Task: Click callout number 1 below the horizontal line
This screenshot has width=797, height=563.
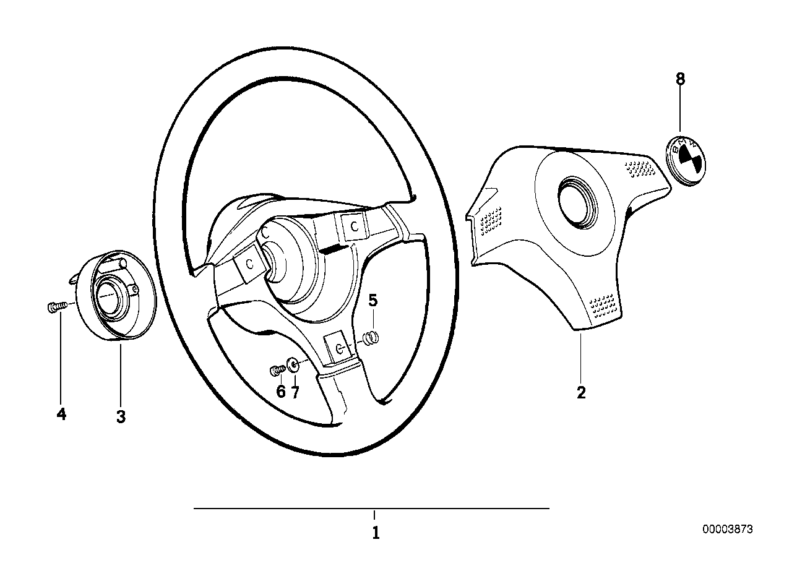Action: click(x=375, y=533)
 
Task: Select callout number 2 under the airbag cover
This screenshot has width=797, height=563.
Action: click(x=580, y=392)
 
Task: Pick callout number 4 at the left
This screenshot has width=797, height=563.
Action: click(x=61, y=415)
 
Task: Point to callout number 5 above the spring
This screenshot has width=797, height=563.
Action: click(x=373, y=301)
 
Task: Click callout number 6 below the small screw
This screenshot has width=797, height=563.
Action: click(x=280, y=392)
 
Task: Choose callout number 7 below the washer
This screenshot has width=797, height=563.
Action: click(x=295, y=392)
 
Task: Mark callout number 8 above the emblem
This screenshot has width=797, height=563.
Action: click(x=680, y=79)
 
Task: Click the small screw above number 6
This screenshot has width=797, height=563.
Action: click(x=277, y=370)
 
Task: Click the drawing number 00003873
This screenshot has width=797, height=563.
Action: click(x=727, y=530)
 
